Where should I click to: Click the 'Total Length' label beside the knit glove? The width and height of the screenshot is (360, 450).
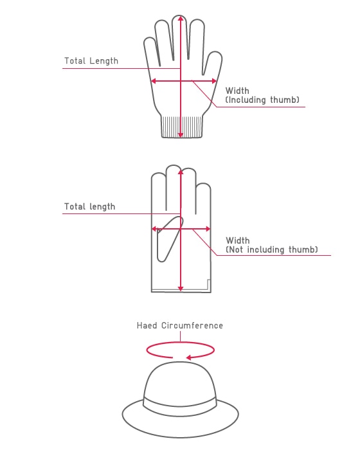(91, 61)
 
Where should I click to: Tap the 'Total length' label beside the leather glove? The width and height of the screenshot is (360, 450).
(89, 206)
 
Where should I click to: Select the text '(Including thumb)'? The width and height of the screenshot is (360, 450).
(262, 100)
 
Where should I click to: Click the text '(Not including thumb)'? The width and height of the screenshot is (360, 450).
(272, 249)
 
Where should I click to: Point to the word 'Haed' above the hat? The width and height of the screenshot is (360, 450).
(147, 325)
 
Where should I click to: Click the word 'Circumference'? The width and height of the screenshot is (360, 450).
(192, 325)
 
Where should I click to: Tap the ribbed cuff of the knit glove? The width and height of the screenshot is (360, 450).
(182, 127)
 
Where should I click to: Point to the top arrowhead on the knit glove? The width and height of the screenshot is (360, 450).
(180, 19)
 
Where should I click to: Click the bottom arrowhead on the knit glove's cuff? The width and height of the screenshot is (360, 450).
(180, 134)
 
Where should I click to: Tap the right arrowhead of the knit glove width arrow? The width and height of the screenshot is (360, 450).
(214, 81)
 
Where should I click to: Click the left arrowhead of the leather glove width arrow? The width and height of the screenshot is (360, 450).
(154, 229)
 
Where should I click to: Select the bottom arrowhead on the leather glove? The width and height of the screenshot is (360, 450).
(181, 289)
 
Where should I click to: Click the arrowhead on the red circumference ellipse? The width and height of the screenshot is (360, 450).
(189, 357)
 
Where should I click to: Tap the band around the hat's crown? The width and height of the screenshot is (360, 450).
(180, 404)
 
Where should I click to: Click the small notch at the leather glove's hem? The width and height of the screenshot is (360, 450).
(209, 284)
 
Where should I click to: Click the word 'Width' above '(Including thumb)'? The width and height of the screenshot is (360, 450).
(237, 91)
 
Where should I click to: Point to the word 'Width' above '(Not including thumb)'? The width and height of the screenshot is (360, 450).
(238, 240)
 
